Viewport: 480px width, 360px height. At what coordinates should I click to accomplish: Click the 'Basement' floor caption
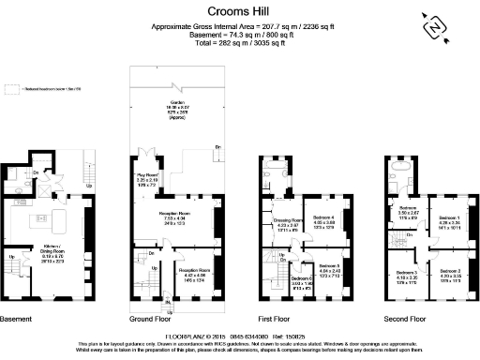tap(16, 318)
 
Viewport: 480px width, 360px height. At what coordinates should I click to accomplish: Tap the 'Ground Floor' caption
tap(149, 318)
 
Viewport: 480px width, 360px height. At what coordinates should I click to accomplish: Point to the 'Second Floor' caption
tap(406, 318)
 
